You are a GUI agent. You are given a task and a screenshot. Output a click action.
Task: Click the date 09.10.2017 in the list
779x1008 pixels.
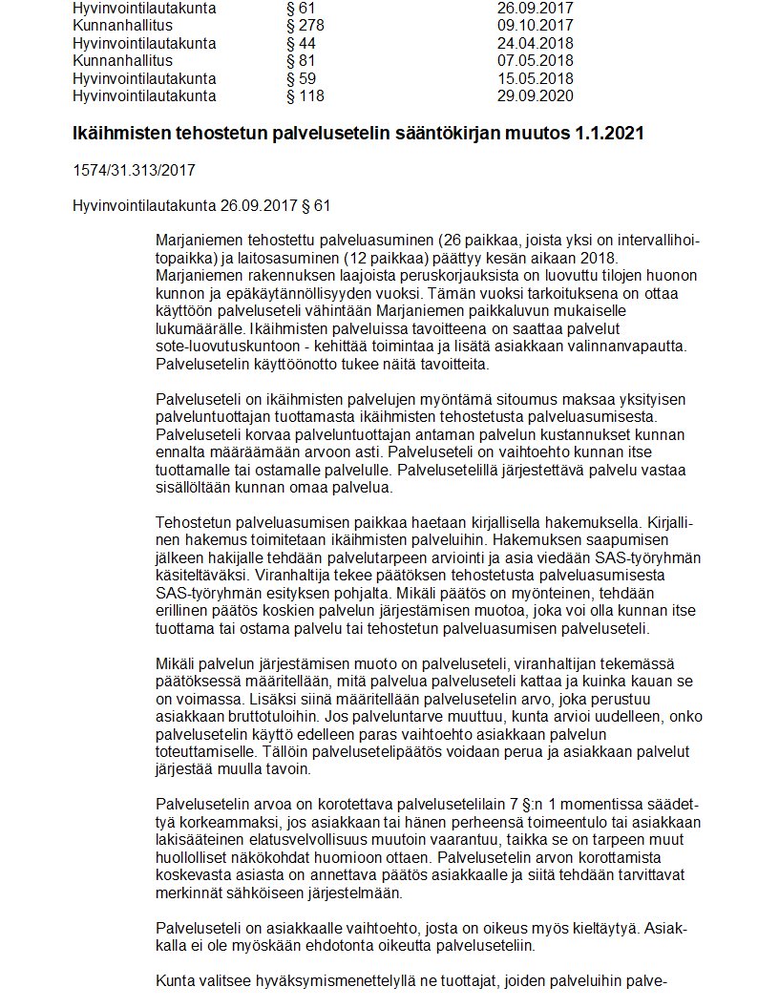tap(536, 26)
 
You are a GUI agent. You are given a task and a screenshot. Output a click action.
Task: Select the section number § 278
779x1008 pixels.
tap(305, 26)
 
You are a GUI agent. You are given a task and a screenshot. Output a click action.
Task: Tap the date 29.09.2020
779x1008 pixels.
tap(536, 95)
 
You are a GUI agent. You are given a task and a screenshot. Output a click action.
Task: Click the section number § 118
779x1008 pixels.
tap(305, 95)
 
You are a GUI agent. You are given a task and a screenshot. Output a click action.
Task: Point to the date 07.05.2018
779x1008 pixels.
tap(536, 61)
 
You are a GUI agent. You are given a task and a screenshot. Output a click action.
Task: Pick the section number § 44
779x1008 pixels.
tap(301, 44)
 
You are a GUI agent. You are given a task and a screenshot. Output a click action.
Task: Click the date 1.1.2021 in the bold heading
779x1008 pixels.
tap(609, 134)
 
